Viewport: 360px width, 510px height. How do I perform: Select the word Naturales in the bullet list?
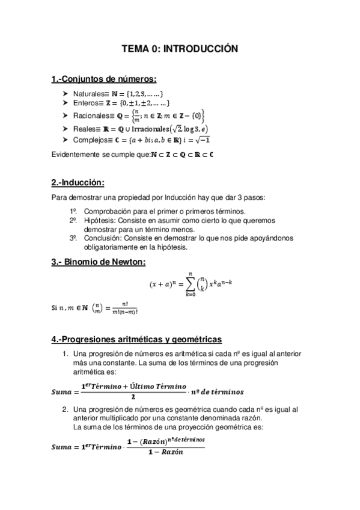pos(88,94)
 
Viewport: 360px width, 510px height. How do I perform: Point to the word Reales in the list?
pos(84,129)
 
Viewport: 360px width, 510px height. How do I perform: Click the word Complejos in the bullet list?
pos(90,140)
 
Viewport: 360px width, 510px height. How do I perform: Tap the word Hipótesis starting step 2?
pos(97,221)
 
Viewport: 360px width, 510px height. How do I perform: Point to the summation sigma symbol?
pos(191,283)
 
